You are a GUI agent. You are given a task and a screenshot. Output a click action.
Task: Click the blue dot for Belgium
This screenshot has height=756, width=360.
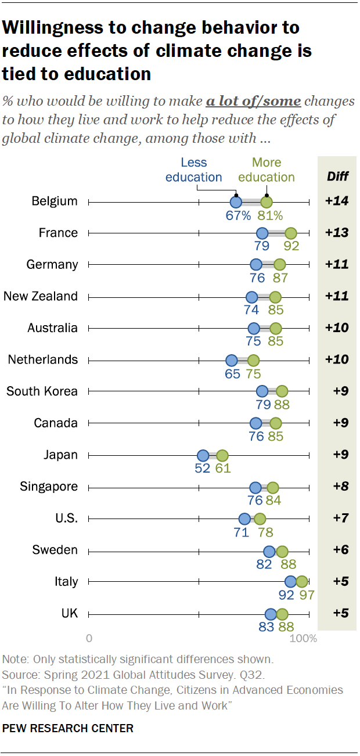236,202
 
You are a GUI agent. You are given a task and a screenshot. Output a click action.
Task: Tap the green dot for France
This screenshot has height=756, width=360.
291,233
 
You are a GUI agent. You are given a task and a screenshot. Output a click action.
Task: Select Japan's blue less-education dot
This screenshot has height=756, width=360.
203,455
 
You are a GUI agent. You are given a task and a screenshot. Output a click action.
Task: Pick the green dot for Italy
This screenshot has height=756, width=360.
302,582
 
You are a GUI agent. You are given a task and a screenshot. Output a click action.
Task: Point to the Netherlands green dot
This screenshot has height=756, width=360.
253,360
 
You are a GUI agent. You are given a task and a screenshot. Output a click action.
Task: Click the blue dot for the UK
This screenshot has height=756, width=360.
271,614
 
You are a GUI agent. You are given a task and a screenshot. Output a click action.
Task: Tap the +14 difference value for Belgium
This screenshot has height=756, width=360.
336,201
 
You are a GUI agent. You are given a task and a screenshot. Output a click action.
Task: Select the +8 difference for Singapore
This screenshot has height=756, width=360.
336,487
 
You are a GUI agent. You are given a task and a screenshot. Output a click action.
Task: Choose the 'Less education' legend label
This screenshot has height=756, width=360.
194,170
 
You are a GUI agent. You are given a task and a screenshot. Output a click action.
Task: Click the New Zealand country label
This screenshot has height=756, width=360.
41,296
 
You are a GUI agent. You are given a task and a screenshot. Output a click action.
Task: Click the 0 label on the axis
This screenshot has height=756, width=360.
89,639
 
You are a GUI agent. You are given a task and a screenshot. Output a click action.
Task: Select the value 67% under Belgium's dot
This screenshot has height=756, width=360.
238,216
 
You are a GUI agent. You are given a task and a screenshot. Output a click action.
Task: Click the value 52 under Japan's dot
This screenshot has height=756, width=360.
202,469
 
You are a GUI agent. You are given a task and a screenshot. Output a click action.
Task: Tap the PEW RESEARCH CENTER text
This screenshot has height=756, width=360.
68,728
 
